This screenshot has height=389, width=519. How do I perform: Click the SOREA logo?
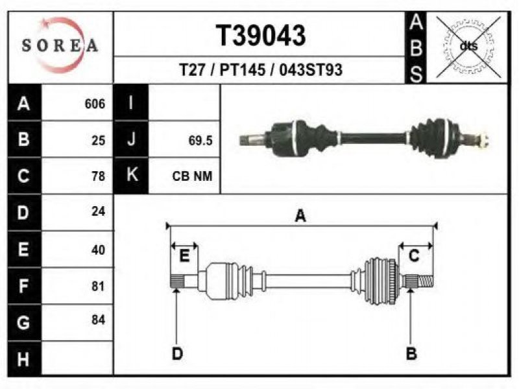(60, 45)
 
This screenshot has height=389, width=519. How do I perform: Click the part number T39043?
(261, 36)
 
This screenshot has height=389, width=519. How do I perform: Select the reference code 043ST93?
(311, 70)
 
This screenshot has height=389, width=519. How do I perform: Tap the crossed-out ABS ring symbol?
(468, 47)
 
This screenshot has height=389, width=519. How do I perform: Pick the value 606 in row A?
(95, 104)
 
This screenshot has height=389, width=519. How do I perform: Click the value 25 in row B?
(99, 141)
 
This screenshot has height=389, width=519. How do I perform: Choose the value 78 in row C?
(99, 176)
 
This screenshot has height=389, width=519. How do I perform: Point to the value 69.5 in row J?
(200, 141)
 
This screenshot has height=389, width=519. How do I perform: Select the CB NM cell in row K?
(192, 176)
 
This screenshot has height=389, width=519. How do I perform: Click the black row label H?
(24, 359)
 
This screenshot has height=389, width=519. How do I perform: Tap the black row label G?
(24, 322)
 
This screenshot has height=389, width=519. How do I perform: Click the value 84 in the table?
(99, 320)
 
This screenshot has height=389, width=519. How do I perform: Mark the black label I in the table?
(131, 102)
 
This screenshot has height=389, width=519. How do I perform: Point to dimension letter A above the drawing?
(300, 216)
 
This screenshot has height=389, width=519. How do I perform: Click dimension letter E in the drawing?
(184, 256)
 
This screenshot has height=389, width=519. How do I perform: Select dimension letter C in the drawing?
(414, 256)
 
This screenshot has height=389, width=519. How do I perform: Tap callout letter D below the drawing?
(177, 354)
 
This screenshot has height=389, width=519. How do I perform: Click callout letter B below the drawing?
(411, 354)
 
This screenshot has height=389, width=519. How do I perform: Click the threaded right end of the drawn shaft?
(426, 282)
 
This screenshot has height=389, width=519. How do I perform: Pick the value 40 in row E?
(99, 250)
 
